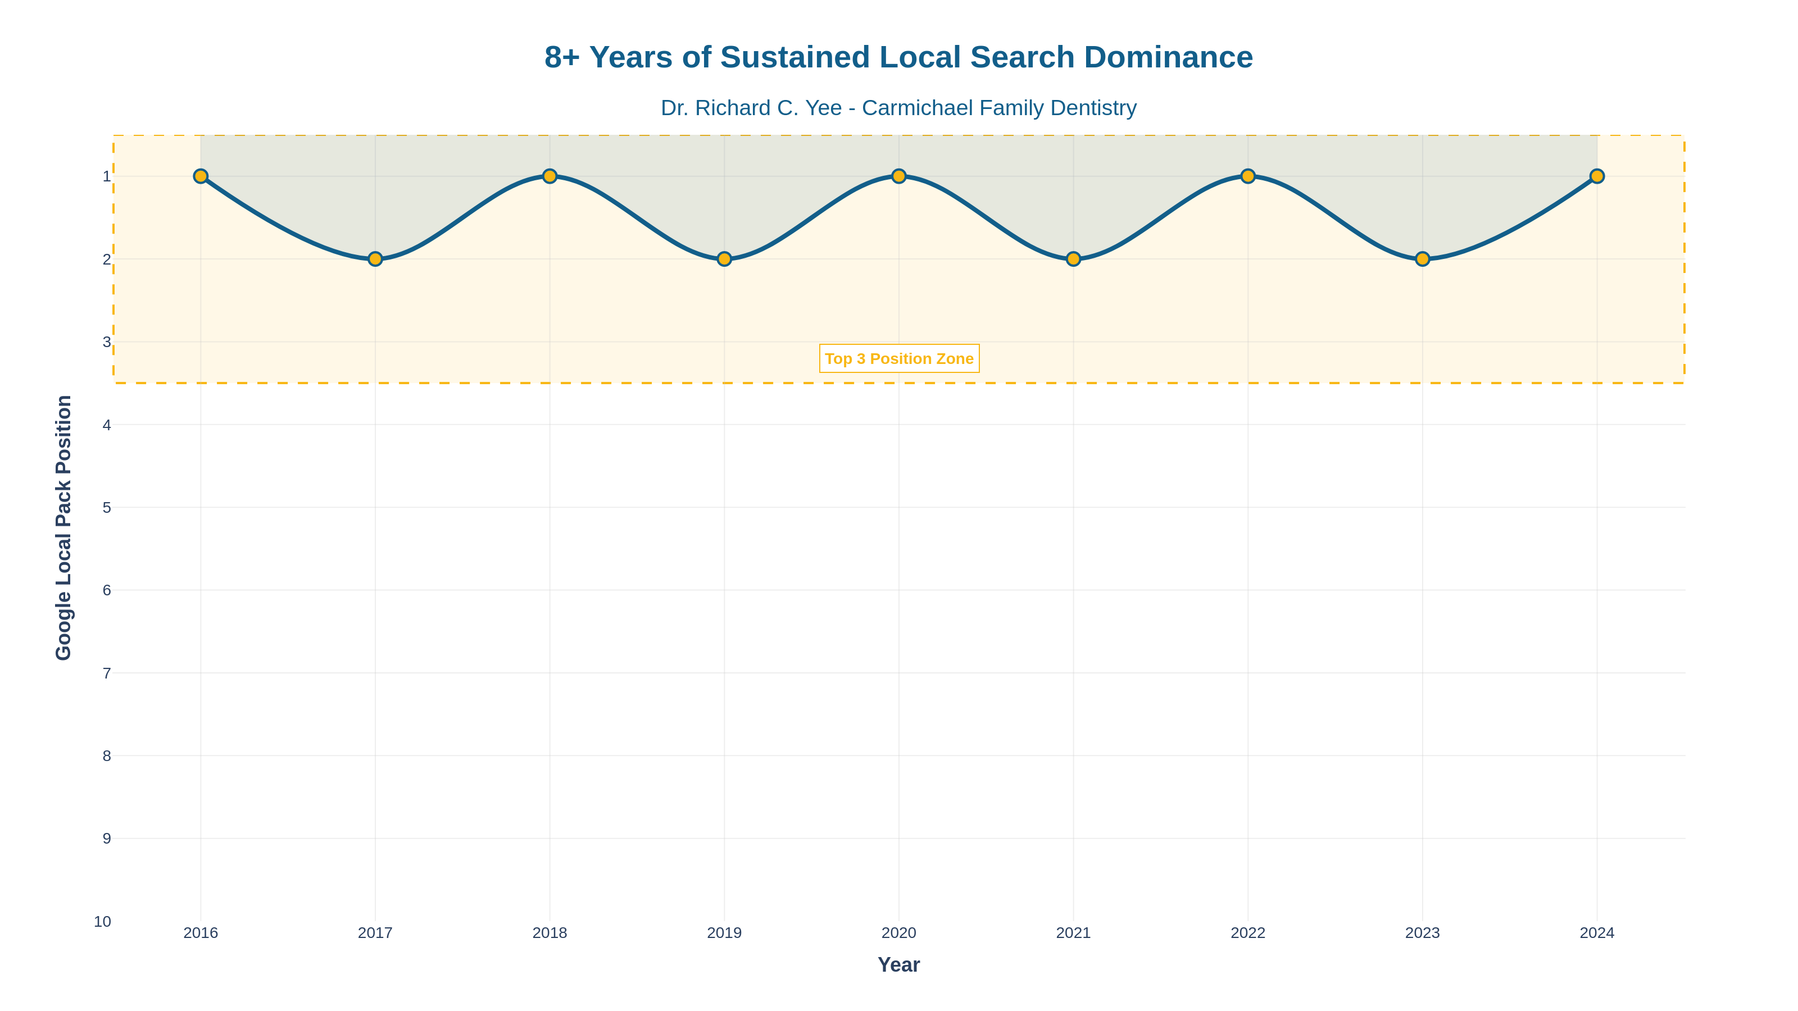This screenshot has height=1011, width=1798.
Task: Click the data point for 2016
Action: (x=201, y=176)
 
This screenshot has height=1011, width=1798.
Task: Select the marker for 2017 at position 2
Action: (x=375, y=259)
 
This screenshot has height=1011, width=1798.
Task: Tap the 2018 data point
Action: (x=550, y=176)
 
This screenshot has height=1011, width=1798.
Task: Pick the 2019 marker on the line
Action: (x=724, y=259)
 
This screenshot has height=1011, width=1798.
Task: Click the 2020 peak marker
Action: (x=899, y=176)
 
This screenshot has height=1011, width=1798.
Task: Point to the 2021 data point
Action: (x=1074, y=259)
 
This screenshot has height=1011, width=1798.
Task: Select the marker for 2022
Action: (x=1248, y=176)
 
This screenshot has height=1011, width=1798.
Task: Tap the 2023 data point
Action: (x=1423, y=259)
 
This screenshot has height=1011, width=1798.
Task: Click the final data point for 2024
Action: (x=1597, y=176)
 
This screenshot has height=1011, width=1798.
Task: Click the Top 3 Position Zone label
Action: (x=899, y=359)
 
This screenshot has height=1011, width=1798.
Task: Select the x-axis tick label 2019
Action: (x=724, y=933)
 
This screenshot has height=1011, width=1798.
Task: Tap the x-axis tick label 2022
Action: (x=1248, y=933)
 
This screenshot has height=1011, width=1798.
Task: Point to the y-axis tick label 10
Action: (x=103, y=922)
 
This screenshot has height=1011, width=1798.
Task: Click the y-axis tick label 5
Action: (x=107, y=508)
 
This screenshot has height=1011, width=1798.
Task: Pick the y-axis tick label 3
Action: (x=107, y=342)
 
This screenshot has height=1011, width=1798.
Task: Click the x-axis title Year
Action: (x=899, y=965)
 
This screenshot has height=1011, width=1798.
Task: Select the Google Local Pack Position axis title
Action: (x=63, y=527)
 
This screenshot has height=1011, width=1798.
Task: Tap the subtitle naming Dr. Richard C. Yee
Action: (x=899, y=108)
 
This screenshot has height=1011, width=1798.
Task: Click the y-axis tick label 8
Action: (x=107, y=755)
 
